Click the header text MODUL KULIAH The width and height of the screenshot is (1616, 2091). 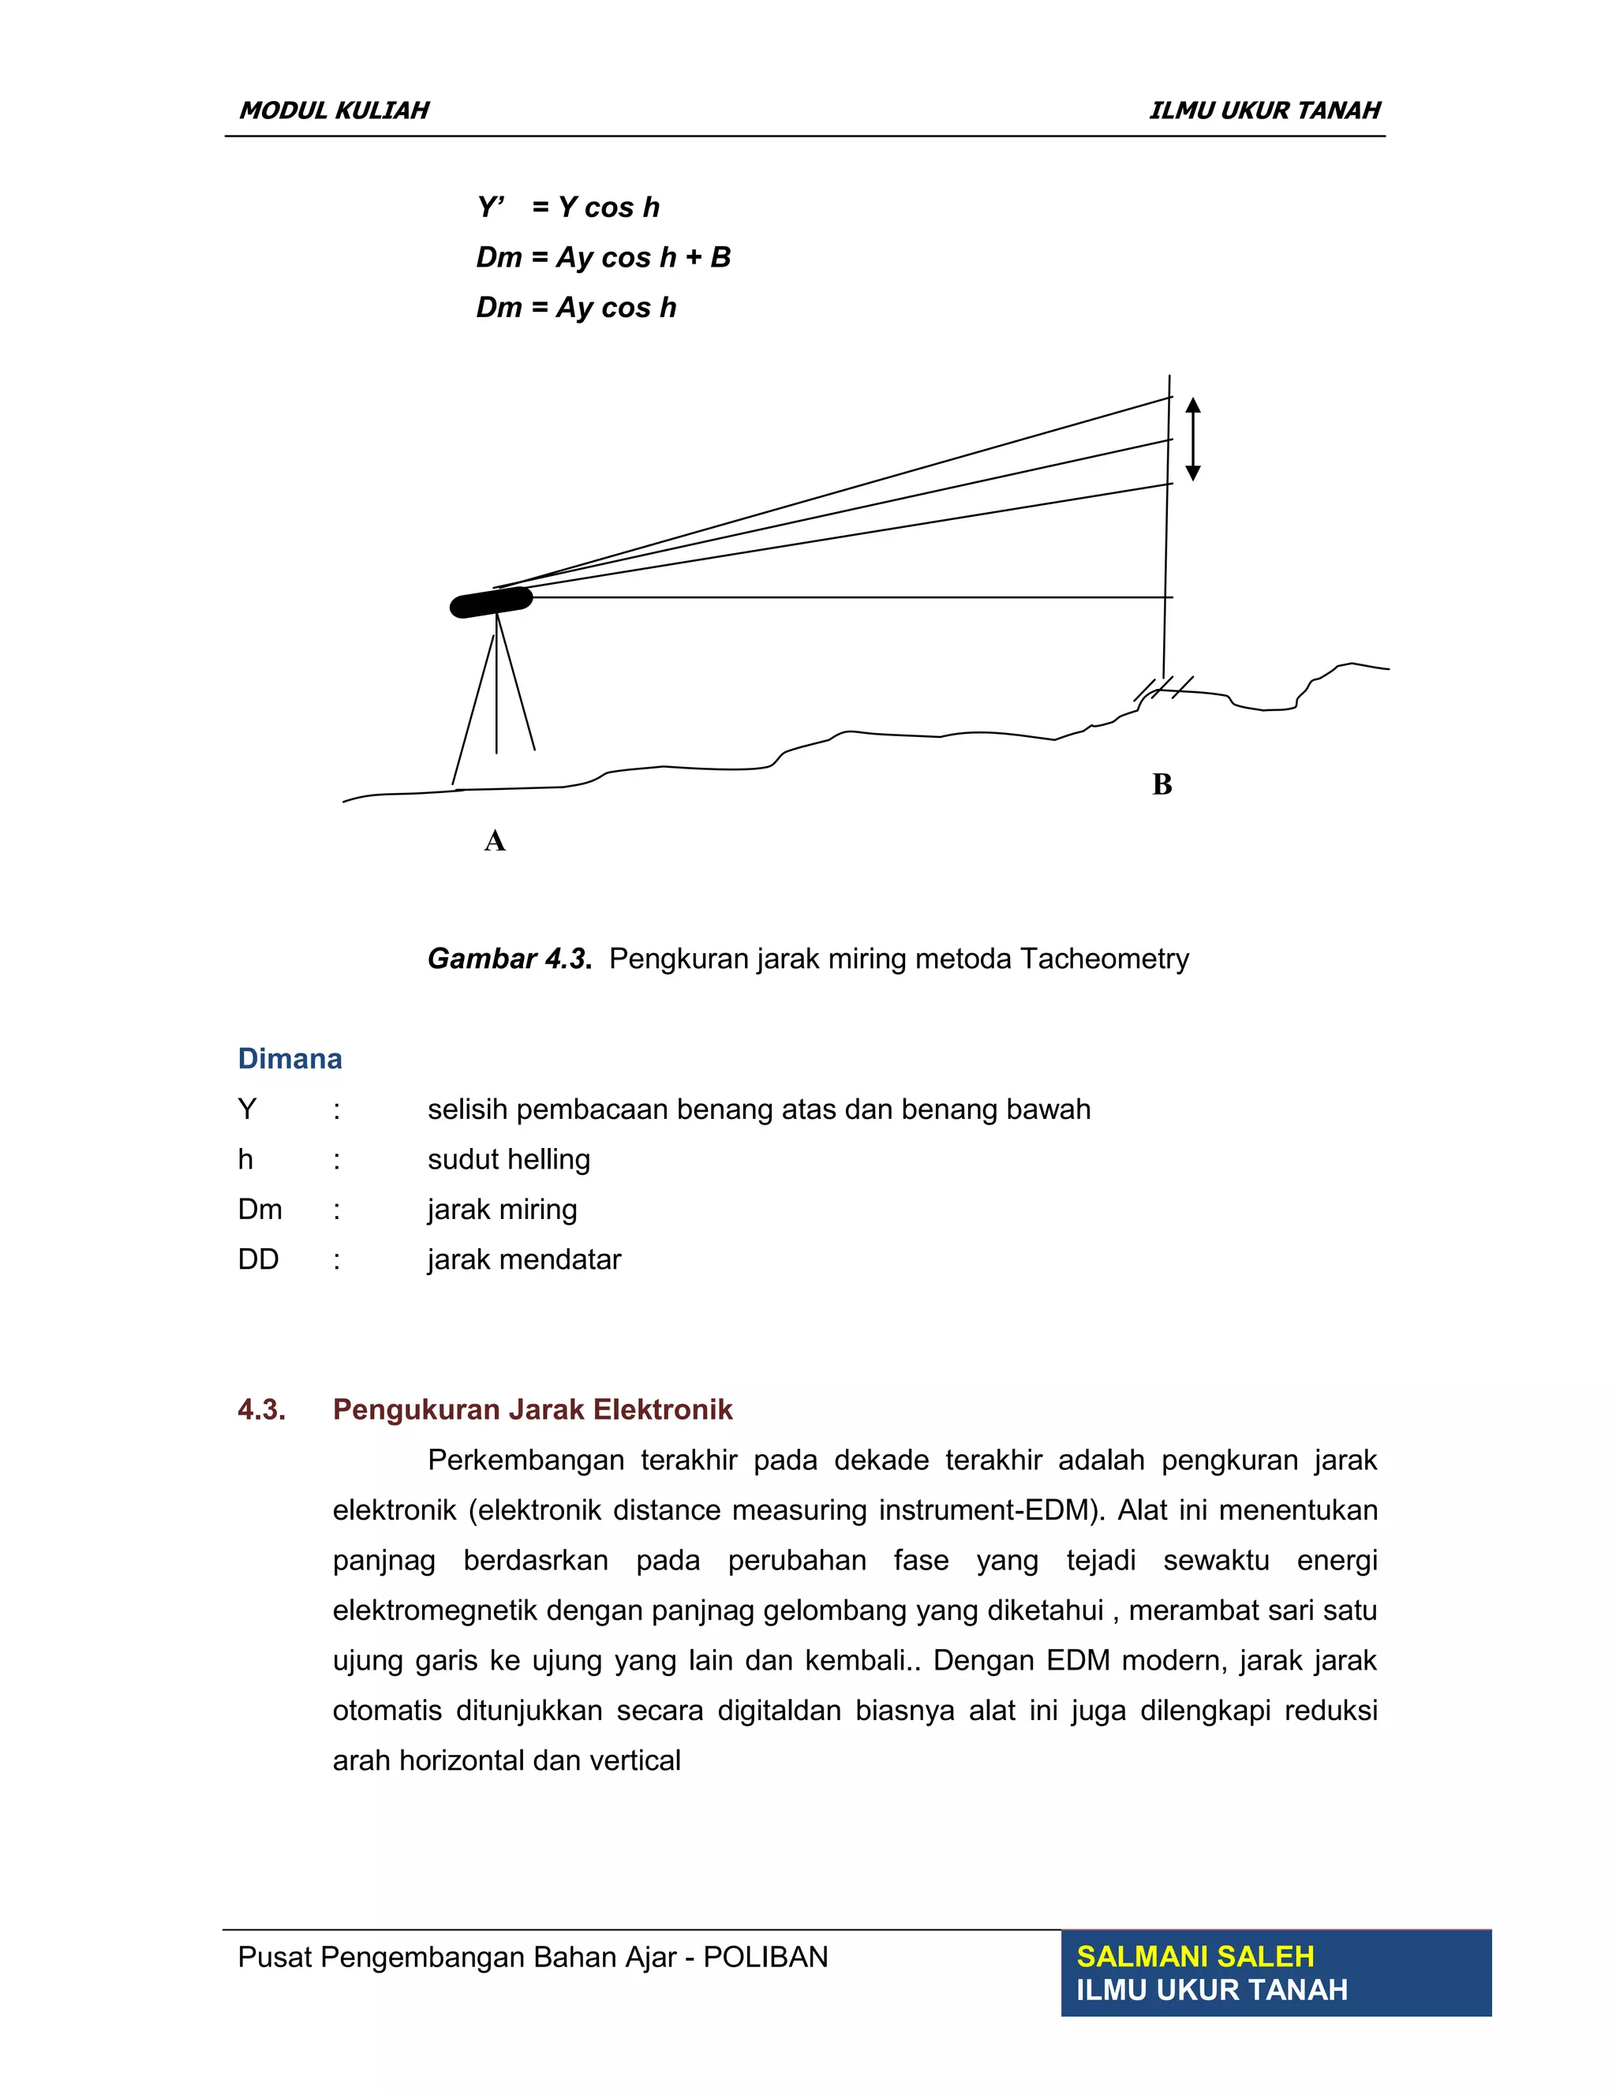tap(334, 111)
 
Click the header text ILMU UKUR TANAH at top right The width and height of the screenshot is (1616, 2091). tap(1264, 111)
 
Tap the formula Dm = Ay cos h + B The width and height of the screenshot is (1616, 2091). tap(603, 257)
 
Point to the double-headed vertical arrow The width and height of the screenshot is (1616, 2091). tap(1193, 440)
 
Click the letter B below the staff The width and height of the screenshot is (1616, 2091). tap(1162, 785)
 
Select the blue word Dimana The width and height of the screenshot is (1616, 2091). tap(289, 1059)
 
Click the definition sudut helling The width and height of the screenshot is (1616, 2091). tap(508, 1159)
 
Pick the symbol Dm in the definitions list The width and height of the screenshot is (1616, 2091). tap(260, 1209)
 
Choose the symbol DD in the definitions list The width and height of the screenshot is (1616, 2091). tap(259, 1259)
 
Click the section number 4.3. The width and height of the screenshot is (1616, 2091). tap(261, 1409)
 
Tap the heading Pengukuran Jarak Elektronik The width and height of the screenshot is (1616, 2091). tap(533, 1409)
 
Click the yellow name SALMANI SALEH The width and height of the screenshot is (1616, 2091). tap(1195, 1956)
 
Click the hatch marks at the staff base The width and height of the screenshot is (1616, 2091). tap(1163, 687)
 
